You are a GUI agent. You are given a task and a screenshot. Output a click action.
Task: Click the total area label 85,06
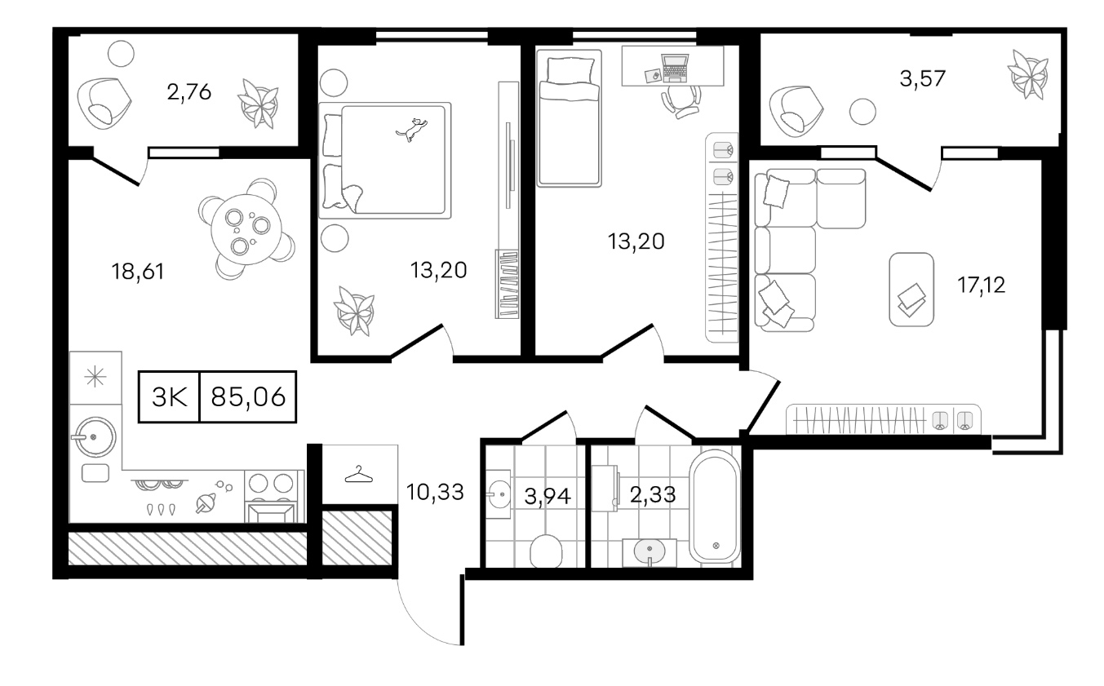tap(248, 396)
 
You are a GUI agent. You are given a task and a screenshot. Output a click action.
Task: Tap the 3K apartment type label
tap(169, 396)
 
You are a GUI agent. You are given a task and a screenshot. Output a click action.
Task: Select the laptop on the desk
tap(675, 68)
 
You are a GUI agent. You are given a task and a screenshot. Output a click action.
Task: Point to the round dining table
tap(246, 230)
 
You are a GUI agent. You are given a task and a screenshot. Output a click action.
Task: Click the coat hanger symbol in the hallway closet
tap(359, 474)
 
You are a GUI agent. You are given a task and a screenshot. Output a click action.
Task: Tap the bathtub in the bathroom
tap(715, 506)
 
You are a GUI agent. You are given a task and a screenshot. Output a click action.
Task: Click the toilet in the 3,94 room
tap(546, 551)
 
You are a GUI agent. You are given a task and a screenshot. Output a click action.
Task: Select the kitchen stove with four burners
tap(272, 496)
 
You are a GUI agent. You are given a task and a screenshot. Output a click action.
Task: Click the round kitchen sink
tap(94, 437)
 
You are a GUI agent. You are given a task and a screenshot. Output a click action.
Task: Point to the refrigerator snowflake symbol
tap(95, 378)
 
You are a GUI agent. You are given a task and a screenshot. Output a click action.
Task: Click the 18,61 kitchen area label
tap(138, 272)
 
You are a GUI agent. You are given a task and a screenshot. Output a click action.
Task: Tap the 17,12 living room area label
tap(982, 285)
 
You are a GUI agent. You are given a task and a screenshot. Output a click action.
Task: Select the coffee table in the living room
tap(911, 290)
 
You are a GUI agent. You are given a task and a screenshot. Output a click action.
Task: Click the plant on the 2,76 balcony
tap(259, 104)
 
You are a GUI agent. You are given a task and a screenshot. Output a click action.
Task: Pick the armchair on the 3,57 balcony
tap(796, 112)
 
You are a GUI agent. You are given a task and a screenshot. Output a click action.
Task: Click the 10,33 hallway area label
tap(435, 492)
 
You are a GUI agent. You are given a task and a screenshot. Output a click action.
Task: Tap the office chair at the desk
tap(681, 102)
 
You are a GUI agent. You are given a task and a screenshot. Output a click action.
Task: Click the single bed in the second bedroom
tap(570, 118)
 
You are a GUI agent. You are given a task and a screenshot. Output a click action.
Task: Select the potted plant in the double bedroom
tap(354, 311)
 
